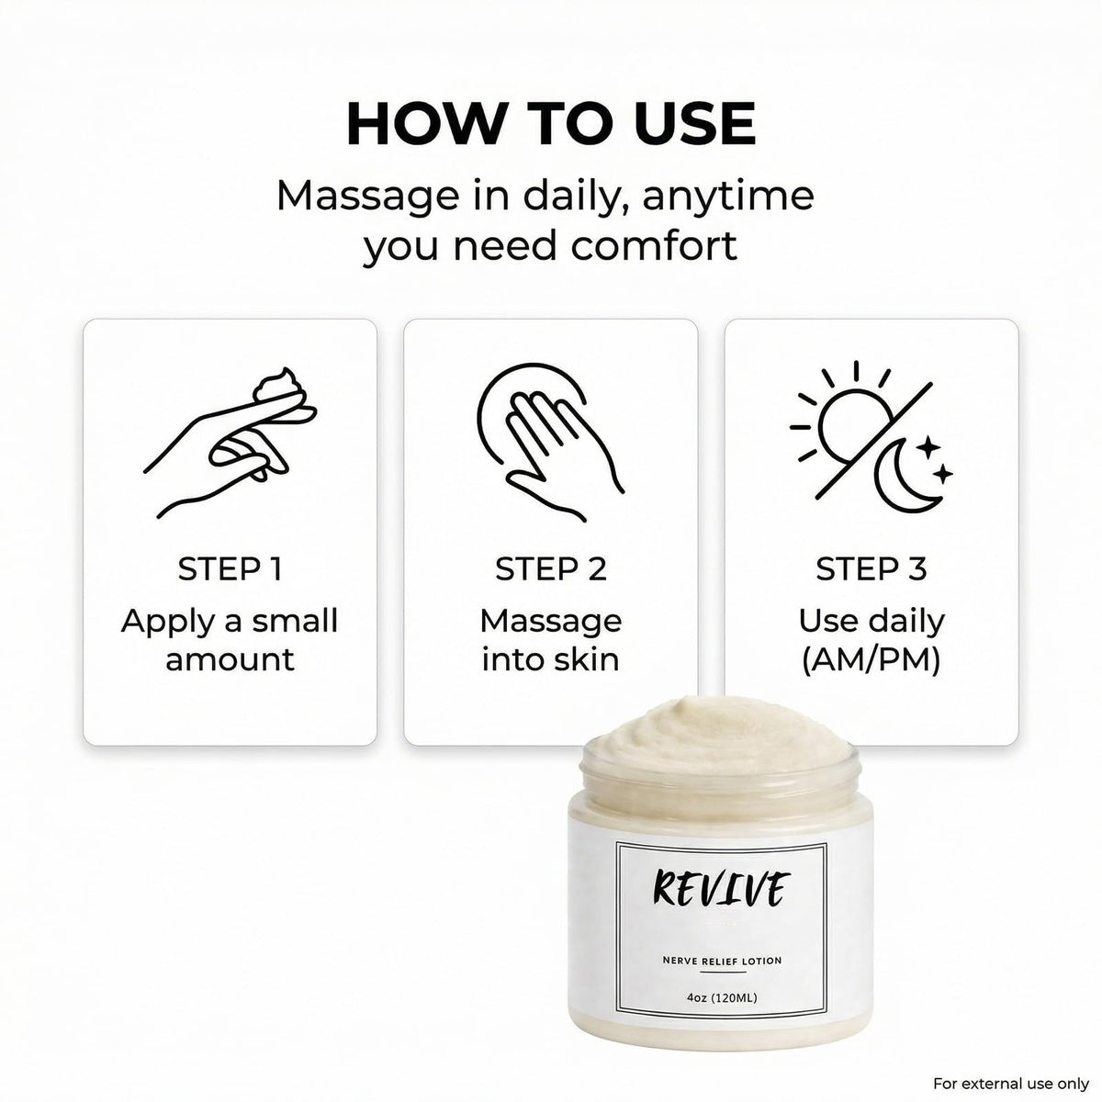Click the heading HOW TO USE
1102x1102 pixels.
pyautogui.click(x=551, y=124)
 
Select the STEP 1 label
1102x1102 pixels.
pyautogui.click(x=230, y=569)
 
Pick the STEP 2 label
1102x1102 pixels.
pyautogui.click(x=551, y=569)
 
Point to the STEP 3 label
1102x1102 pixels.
pyautogui.click(x=871, y=569)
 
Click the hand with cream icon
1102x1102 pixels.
pyautogui.click(x=230, y=444)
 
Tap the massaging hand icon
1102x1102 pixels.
pyautogui.click(x=551, y=442)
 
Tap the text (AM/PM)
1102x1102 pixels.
pyautogui.click(x=871, y=661)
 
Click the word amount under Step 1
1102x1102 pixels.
pyautogui.click(x=230, y=660)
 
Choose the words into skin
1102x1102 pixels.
pyautogui.click(x=551, y=660)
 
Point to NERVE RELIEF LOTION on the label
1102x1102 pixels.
pyautogui.click(x=722, y=961)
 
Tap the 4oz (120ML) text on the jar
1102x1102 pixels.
pyautogui.click(x=722, y=998)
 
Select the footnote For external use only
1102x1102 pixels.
pyautogui.click(x=1011, y=1084)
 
